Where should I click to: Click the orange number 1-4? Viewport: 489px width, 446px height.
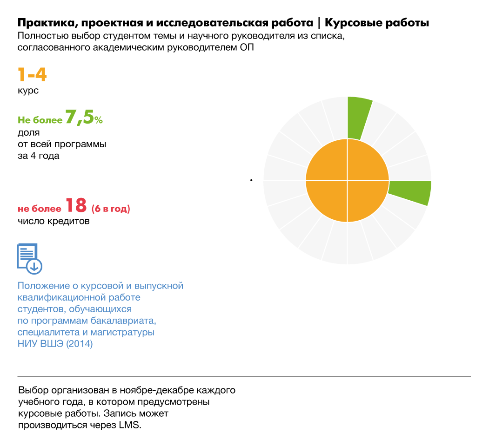(x=32, y=75)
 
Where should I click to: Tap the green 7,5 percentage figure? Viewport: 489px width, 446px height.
(x=80, y=118)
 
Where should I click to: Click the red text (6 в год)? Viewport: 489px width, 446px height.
(x=111, y=209)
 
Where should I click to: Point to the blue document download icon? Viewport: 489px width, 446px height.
(x=29, y=258)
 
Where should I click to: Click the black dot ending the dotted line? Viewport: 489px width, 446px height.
(x=251, y=179)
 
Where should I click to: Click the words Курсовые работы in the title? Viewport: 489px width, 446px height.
(x=376, y=23)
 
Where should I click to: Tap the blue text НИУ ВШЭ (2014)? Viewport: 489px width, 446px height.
(x=55, y=345)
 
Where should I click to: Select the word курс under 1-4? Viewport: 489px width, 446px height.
(x=28, y=91)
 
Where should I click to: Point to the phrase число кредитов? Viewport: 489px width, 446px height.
(x=54, y=221)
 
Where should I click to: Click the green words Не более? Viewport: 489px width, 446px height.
(x=40, y=120)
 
